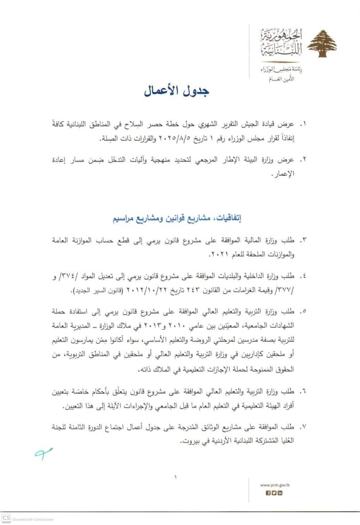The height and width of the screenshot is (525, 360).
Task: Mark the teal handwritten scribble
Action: click(44, 452)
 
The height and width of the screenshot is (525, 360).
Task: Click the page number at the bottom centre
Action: click(175, 478)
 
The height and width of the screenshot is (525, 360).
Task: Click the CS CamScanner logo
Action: click(6, 518)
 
